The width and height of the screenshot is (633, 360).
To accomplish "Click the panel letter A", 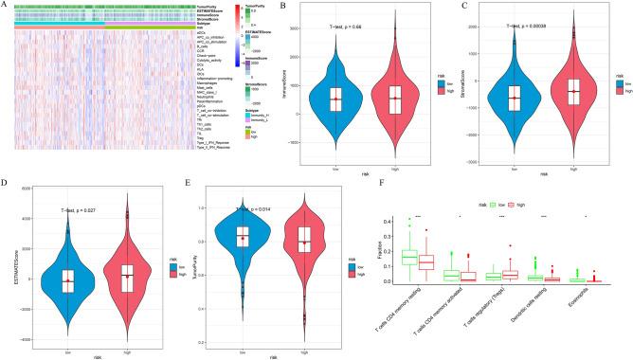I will pyautogui.click(x=6, y=6).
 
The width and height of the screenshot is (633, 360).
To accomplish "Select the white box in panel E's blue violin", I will pyautogui.click(x=243, y=237).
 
